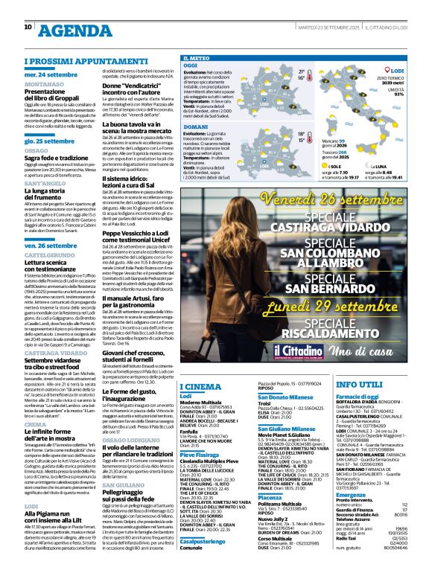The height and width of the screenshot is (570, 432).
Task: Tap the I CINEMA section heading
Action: click(201, 386)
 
